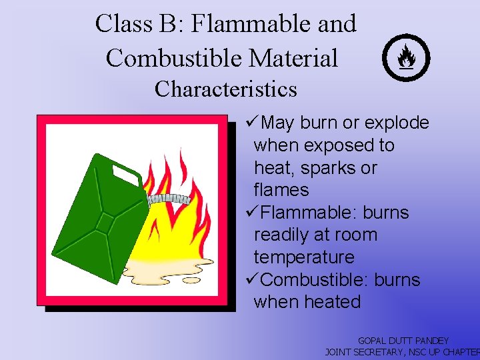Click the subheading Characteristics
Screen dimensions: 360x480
[225, 89]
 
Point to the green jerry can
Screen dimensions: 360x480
[100, 213]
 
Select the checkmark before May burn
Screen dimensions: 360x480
[251, 123]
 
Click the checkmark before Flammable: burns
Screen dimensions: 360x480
[251, 213]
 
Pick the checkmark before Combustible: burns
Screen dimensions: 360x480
[251, 280]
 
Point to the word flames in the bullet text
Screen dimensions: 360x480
[281, 190]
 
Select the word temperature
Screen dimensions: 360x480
[303, 257]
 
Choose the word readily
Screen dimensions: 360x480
[283, 235]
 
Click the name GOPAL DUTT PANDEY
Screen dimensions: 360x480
[403, 341]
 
